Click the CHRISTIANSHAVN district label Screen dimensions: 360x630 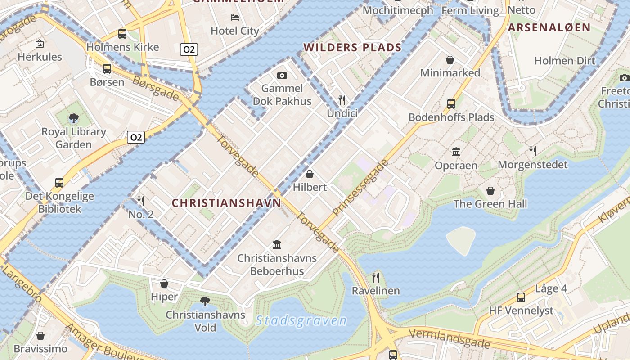tap(226, 203)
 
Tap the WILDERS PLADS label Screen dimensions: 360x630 tap(352, 47)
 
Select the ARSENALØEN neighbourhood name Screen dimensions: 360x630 tap(549, 27)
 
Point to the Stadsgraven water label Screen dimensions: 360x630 tap(301, 320)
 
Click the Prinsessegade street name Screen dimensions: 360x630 tap(360, 188)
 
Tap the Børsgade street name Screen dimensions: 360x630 tap(155, 88)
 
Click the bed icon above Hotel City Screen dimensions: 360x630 tap(235, 18)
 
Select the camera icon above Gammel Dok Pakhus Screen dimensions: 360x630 tap(282, 75)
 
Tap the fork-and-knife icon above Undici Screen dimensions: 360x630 tap(342, 100)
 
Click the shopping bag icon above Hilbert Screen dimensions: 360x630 tap(310, 174)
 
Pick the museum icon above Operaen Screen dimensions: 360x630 tap(456, 152)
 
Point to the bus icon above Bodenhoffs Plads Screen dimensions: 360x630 tap(451, 104)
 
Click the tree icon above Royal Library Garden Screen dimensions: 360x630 tap(74, 118)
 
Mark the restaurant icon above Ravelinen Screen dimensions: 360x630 tap(376, 277)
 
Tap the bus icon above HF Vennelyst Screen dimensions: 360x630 tap(521, 297)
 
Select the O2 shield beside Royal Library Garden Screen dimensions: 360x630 tap(135, 137)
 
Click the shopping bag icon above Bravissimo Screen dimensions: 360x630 tap(40, 336)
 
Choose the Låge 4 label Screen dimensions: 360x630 tap(551, 288)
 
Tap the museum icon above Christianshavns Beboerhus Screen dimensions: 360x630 tap(277, 245)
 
